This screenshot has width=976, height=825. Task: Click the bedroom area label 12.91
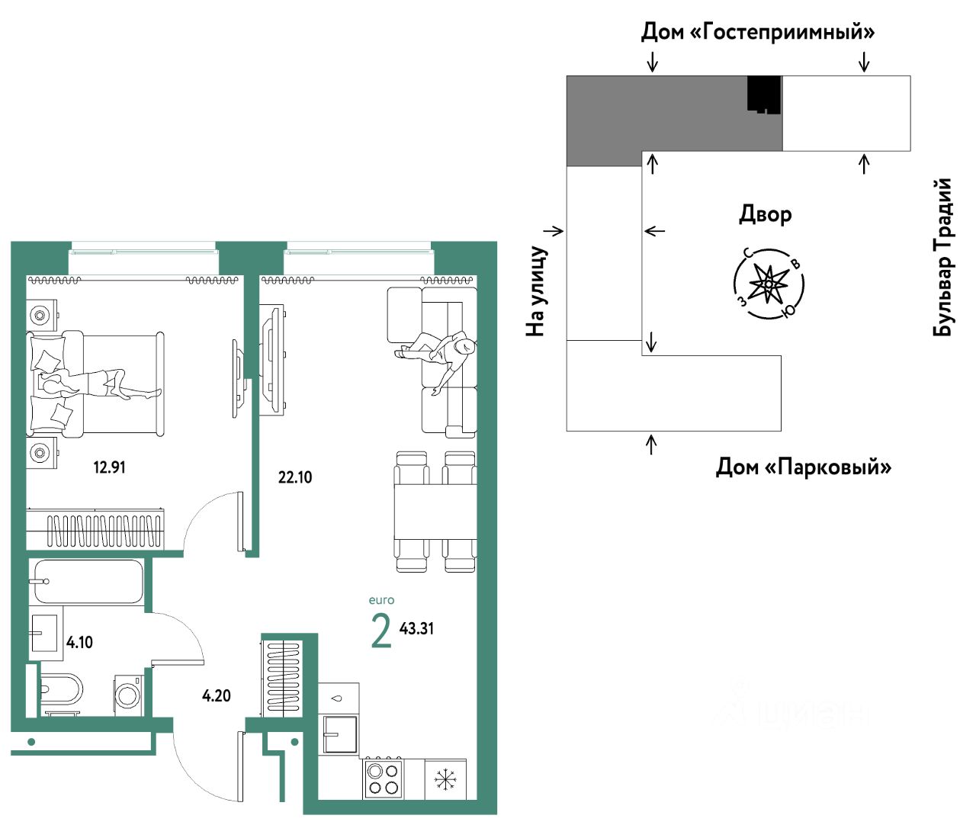(109, 467)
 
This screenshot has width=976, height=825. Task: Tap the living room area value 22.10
(295, 477)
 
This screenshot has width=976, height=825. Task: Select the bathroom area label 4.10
(79, 642)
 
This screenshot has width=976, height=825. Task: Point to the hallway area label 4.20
(216, 695)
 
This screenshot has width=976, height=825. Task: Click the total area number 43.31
(416, 628)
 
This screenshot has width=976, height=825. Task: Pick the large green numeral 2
(380, 631)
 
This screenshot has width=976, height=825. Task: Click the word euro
(381, 600)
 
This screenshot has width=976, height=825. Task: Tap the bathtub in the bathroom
(88, 582)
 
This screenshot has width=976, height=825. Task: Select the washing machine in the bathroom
(127, 694)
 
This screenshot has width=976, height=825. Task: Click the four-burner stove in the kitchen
(383, 778)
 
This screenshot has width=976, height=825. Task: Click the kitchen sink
(339, 734)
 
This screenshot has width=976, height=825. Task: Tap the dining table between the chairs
(435, 512)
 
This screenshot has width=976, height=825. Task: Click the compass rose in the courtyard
(769, 284)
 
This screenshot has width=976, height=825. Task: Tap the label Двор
(765, 214)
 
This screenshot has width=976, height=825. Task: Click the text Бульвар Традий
(943, 257)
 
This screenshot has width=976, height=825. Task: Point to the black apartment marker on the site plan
(764, 95)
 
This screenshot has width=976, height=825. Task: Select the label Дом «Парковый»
(803, 467)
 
